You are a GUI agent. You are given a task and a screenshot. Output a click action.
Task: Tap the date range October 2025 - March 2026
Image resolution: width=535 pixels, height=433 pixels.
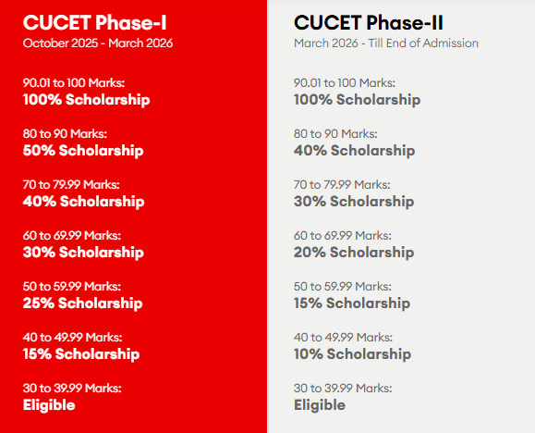coord(98,43)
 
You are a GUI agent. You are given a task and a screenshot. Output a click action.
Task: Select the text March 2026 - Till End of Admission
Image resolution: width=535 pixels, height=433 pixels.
coord(386,43)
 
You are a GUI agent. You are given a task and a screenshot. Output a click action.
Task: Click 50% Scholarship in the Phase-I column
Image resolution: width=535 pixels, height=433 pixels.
coord(83,150)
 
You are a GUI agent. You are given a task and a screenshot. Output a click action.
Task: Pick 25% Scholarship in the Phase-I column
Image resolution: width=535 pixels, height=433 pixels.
coord(83,303)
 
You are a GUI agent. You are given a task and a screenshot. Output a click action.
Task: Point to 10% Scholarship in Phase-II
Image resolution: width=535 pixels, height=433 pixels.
coord(352,353)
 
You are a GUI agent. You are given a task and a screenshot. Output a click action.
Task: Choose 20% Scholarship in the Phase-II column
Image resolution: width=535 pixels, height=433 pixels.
coord(354,252)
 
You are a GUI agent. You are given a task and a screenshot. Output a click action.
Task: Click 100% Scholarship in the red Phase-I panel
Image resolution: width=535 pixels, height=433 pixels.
coord(87,99)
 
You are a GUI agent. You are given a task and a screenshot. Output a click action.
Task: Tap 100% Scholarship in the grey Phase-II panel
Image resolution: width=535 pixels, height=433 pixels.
coord(357,99)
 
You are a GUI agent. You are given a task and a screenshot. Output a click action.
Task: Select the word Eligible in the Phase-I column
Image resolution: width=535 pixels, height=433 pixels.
coord(49,404)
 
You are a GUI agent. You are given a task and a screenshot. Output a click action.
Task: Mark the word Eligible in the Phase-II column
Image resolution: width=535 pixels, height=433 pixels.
coord(320,404)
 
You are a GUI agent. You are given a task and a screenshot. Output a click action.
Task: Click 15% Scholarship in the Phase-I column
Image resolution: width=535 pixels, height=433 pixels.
coord(81,353)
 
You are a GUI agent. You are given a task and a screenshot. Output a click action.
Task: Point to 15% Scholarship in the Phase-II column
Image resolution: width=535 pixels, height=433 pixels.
coord(352,303)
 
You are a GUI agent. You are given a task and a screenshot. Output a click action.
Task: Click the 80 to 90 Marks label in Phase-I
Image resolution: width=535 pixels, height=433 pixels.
coord(65,133)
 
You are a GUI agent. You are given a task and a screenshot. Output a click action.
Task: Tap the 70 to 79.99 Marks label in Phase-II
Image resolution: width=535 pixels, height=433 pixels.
coord(342,184)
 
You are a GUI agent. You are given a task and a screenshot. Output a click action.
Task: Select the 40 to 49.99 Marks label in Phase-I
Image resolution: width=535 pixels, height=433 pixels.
coord(72,337)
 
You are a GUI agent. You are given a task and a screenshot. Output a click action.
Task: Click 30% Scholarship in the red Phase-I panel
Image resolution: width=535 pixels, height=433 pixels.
coord(83,252)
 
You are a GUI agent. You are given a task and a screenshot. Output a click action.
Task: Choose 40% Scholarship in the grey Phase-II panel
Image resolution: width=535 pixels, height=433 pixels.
coord(354,150)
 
